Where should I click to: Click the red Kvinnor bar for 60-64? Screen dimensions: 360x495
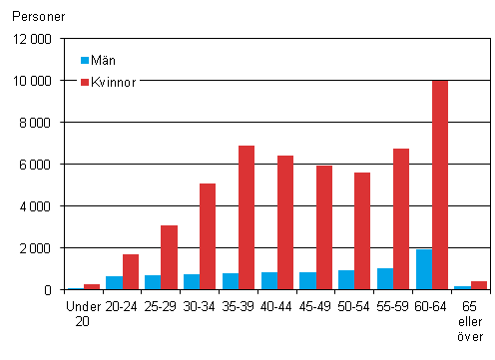coord(440,185)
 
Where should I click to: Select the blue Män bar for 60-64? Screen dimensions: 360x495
coord(424,269)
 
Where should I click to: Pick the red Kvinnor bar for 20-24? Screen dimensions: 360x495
coord(131,271)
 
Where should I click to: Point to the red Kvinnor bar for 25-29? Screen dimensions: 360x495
coord(170,257)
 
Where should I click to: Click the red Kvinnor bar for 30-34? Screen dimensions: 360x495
coord(208,236)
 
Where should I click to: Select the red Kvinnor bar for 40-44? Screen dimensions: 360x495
coord(285,222)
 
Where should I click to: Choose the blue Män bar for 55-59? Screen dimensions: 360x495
coord(385,278)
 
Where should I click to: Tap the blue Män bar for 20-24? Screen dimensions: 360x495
coord(115,282)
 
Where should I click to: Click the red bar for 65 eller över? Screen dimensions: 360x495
coord(479,285)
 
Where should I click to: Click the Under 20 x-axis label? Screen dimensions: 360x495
coord(77,311)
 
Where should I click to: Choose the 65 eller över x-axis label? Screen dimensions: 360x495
coord(470,318)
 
